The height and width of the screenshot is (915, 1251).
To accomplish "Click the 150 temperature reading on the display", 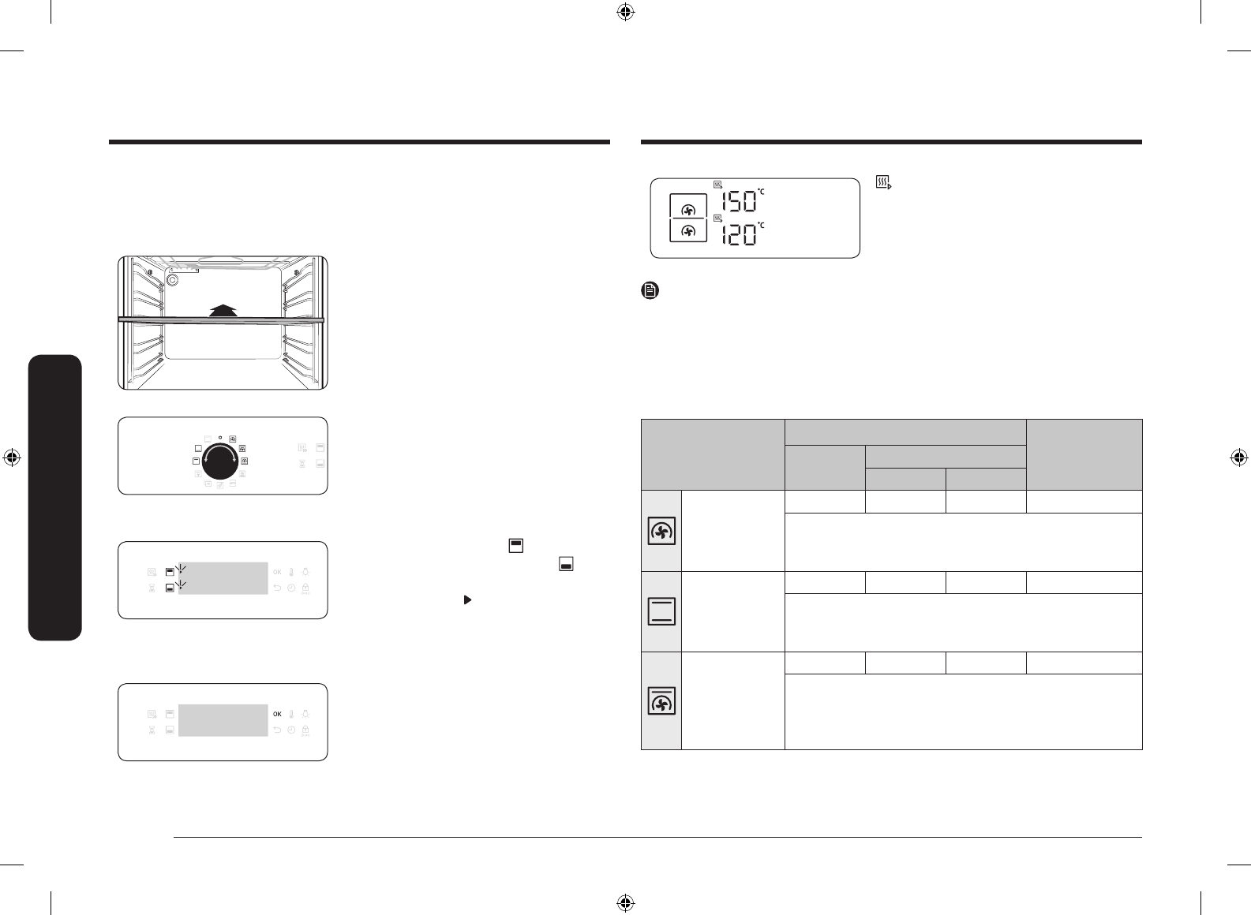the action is click(x=740, y=201).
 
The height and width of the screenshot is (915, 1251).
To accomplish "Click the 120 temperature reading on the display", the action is click(x=740, y=235).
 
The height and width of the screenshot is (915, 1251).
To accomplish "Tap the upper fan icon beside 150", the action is click(x=688, y=211).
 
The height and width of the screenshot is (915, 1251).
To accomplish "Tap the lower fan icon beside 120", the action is click(x=688, y=231).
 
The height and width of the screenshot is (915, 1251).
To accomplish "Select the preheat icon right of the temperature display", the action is click(x=883, y=182).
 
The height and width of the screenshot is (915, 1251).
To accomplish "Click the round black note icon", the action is click(x=650, y=290).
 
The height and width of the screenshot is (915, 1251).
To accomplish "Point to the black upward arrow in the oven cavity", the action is click(x=223, y=311).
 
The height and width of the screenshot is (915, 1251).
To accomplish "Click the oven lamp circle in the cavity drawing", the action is click(x=172, y=280).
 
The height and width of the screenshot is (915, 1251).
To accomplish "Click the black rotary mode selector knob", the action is click(x=220, y=461).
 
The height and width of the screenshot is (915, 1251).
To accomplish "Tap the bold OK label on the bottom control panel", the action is click(x=277, y=714).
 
